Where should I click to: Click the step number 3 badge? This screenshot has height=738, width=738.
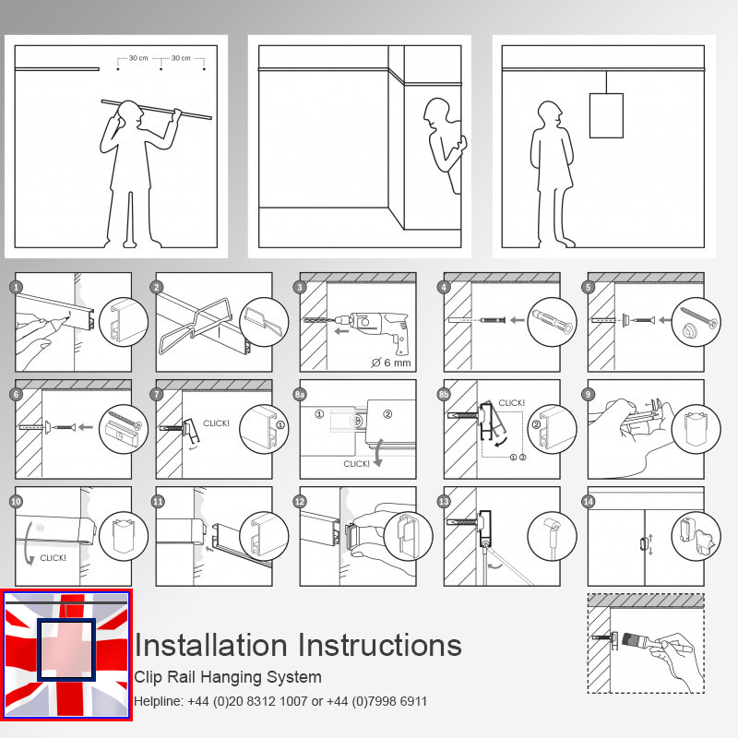(300, 287)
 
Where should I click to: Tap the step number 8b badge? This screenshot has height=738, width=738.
(444, 394)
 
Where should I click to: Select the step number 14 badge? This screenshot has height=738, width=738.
(589, 501)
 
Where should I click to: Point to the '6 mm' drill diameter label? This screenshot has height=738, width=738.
(391, 363)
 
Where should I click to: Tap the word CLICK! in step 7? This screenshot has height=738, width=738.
(216, 423)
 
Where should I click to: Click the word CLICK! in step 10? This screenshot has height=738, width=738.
(53, 558)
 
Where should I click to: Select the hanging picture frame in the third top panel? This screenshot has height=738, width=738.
(606, 115)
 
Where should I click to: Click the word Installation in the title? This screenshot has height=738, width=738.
(210, 645)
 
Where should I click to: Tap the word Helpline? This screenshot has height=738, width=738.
(159, 701)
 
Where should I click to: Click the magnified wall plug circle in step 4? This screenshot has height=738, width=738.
(552, 322)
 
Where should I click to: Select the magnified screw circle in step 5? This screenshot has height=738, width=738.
(696, 322)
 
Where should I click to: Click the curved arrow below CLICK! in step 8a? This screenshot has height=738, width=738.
(378, 453)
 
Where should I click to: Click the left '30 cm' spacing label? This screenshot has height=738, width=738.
(138, 58)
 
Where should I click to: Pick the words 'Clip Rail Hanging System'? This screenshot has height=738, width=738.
(228, 677)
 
